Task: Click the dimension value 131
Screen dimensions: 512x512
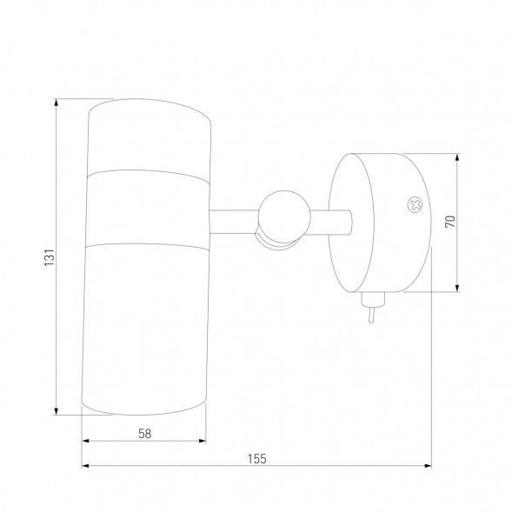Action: pos(50,257)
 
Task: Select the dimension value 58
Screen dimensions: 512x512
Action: pos(144,434)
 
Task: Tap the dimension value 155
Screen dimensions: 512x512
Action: pos(257,459)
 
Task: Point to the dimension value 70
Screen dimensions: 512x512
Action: pos(450,222)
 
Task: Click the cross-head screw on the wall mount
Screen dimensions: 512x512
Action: pos(415,205)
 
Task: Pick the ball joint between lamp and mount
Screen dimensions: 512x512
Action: pos(284,216)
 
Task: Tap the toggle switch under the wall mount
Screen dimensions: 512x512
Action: pos(372,306)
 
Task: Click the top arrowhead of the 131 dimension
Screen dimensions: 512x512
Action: pos(57,103)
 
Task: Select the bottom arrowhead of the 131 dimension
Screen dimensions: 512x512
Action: pos(57,411)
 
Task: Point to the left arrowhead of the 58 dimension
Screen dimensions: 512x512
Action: pos(85,441)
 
